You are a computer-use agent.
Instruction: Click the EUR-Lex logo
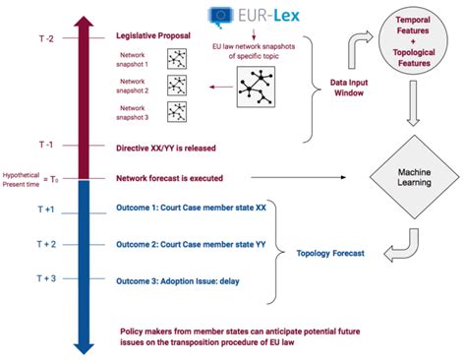coord(245,15)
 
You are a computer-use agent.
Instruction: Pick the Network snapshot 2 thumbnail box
coord(178,85)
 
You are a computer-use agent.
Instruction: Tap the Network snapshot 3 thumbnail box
coord(178,112)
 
